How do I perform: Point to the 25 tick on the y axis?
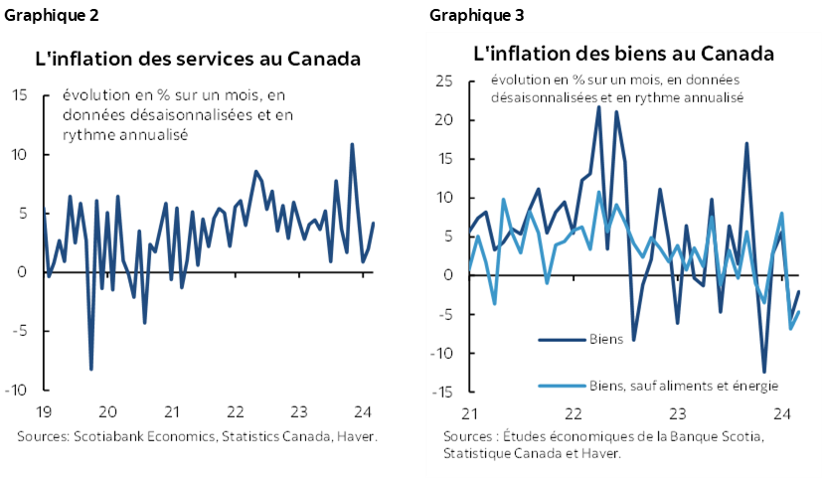coord(443,80)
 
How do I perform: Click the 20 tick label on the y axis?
coord(443,120)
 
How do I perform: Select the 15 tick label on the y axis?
coord(444,159)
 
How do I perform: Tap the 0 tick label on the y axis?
coord(448,275)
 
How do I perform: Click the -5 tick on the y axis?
coord(444,314)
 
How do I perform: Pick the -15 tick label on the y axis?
coord(441,392)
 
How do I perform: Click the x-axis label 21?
coord(470,412)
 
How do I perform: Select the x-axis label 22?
coord(574,412)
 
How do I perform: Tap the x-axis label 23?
coord(678,412)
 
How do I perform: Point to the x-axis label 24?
coord(781,412)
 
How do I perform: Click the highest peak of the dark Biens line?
coord(598,106)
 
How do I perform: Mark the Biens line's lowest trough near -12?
coord(764,372)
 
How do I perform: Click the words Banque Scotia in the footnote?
coord(720,436)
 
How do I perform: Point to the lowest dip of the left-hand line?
coord(91,370)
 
